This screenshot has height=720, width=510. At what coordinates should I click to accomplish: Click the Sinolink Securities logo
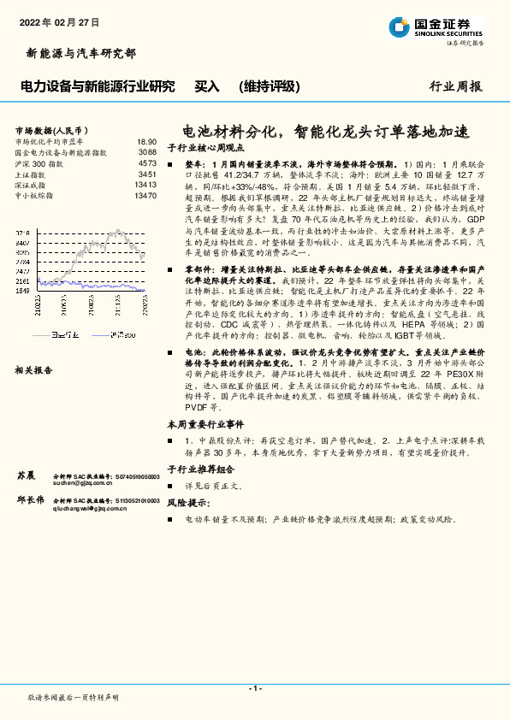pos(436,27)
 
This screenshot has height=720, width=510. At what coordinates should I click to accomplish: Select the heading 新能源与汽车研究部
pos(76,54)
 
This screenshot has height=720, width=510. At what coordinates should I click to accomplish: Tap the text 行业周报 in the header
pos(455,86)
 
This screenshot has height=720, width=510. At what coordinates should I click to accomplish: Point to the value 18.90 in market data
pos(146,142)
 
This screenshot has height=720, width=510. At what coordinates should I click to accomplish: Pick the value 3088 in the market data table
pos(147,152)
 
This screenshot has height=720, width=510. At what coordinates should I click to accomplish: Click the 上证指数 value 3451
pos(147,174)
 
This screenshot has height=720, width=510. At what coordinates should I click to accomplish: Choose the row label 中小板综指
pos(34,196)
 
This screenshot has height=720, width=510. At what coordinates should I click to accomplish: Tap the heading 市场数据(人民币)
pos(51,129)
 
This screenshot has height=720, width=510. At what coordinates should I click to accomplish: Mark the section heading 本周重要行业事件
pos(200,424)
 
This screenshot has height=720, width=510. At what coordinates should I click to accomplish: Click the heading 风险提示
pos(187,504)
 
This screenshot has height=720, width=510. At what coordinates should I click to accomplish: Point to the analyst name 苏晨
pos(26,474)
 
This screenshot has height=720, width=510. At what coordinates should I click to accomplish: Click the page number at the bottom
pos(254,688)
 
